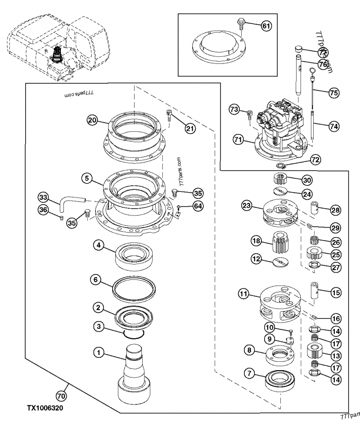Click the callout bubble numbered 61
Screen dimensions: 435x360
click(266, 26)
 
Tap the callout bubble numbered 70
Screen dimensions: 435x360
click(60, 396)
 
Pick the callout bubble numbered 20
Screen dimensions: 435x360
click(93, 120)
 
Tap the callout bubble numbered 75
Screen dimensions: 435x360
click(333, 93)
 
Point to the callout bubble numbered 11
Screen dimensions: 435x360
click(243, 295)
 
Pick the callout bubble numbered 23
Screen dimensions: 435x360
click(246, 206)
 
